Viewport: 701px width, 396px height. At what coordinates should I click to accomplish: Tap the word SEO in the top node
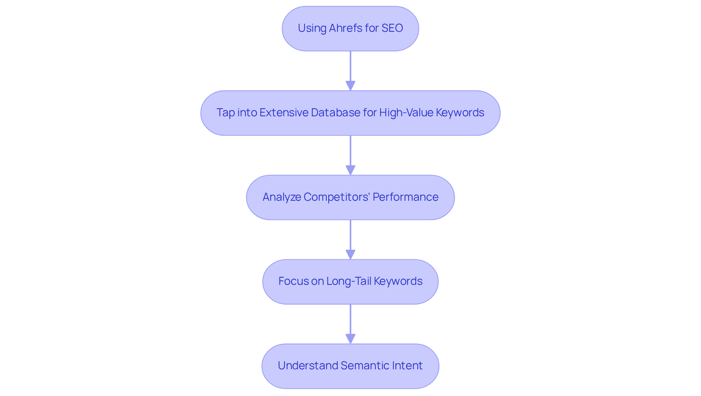[x=392, y=28]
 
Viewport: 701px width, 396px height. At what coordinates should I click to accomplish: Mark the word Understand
[x=308, y=366]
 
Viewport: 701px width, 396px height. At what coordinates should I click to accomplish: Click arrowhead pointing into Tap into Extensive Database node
[x=350, y=86]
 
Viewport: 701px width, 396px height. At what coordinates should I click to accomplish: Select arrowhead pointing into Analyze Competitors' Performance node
[x=350, y=170]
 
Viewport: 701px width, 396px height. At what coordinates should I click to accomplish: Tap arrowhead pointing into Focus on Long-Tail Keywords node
[x=350, y=254]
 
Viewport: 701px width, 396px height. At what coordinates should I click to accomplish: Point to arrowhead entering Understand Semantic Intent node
[x=350, y=339]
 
